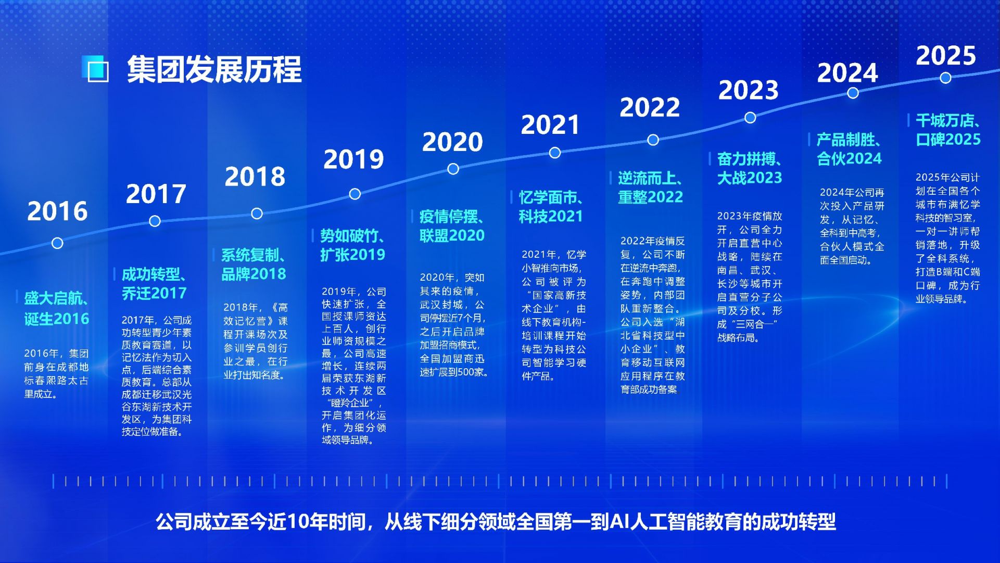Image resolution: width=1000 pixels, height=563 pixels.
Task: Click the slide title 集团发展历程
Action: tap(214, 70)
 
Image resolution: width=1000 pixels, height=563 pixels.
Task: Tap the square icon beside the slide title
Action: tap(96, 69)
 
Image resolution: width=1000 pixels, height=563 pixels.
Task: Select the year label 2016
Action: tap(57, 211)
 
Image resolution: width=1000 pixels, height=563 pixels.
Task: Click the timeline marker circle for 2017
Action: tap(155, 221)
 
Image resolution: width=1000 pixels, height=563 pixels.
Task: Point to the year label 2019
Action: tap(353, 159)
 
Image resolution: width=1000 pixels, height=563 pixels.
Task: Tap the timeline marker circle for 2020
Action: tap(453, 169)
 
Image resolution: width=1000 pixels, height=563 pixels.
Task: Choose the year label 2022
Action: tap(650, 107)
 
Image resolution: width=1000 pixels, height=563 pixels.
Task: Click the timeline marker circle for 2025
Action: tap(946, 78)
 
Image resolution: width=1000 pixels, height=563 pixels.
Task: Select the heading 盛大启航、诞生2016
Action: tap(56, 308)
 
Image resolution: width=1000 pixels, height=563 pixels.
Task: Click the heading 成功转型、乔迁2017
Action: tap(154, 284)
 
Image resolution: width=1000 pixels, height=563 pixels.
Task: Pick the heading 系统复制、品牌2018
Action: tap(254, 265)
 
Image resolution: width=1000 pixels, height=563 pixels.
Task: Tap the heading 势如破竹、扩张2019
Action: tap(353, 245)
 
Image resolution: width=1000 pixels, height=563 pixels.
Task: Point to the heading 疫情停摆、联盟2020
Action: tap(452, 226)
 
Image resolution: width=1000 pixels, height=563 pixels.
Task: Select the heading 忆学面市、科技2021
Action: tap(551, 207)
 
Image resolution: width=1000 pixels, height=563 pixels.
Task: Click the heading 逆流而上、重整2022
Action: tap(651, 187)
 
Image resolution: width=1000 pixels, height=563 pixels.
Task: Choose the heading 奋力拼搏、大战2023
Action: tap(750, 168)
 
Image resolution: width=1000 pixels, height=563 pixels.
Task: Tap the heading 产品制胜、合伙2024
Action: tap(849, 149)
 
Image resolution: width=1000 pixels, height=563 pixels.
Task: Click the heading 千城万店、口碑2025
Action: tap(948, 130)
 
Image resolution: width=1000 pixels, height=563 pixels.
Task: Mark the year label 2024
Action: tap(847, 73)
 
